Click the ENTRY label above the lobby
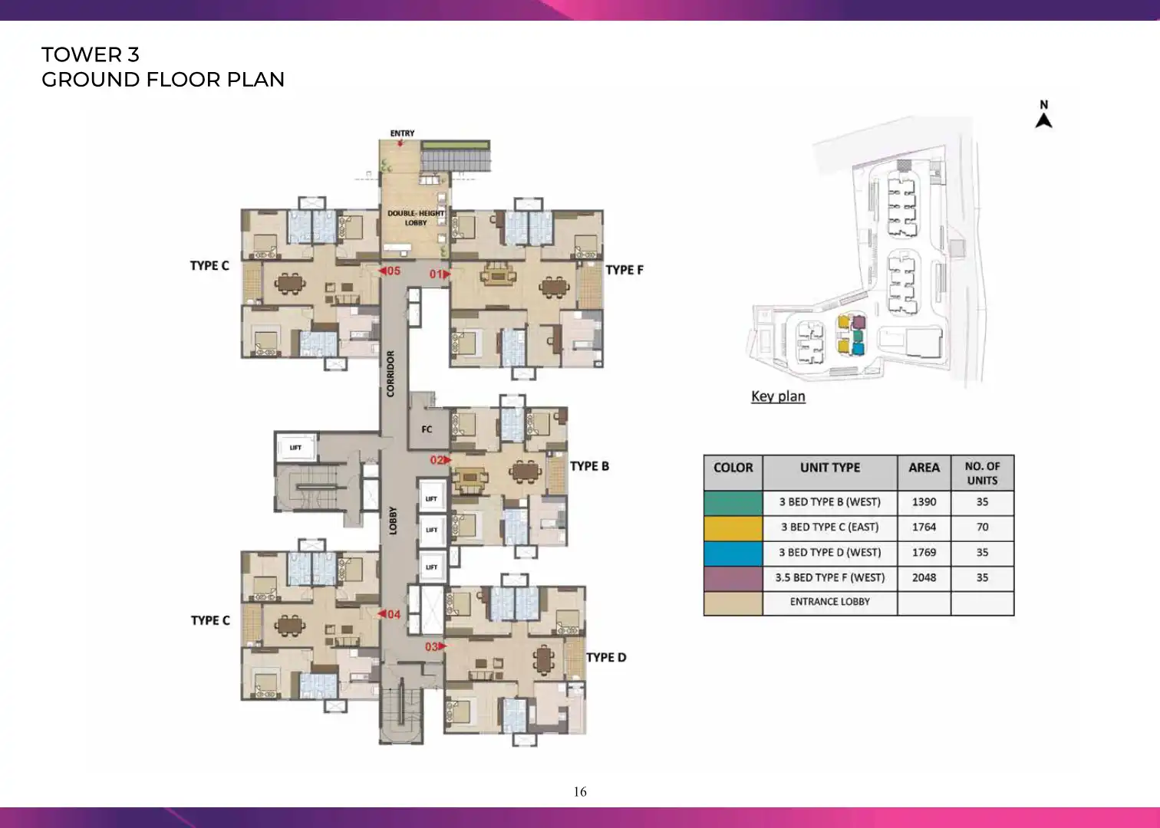[402, 133]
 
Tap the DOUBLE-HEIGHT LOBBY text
[416, 218]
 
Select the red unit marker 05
[390, 271]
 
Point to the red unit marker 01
[440, 274]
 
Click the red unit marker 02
[440, 459]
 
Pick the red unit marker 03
[436, 646]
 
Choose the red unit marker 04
[389, 614]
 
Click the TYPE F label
[624, 270]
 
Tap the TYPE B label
[589, 466]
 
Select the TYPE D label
[606, 657]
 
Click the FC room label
[427, 429]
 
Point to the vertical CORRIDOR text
[391, 373]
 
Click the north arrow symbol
[1044, 120]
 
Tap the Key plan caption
[779, 396]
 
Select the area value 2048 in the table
[924, 577]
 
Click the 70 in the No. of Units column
[982, 527]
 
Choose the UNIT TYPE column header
[830, 468]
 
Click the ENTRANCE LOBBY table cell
[830, 602]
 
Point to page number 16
[580, 792]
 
